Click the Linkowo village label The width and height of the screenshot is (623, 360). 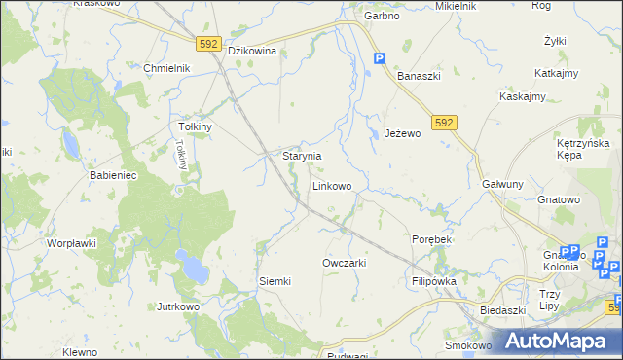click(x=331, y=185)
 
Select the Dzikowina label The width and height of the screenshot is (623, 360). click(x=253, y=52)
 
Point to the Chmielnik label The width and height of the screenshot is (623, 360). click(x=166, y=68)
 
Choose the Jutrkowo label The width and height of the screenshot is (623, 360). click(x=178, y=306)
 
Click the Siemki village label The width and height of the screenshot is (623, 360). click(x=275, y=281)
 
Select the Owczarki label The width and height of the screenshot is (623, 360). click(x=344, y=263)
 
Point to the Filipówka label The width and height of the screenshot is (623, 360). click(x=434, y=281)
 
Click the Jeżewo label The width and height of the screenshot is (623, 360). click(x=402, y=133)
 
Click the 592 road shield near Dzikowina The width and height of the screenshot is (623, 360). click(x=208, y=44)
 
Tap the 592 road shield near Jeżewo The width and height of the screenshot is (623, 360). click(x=445, y=122)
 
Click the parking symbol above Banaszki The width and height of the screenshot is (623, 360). click(x=380, y=58)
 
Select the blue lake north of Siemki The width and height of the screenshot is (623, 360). click(x=193, y=264)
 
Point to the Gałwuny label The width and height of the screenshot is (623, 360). click(x=503, y=184)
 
